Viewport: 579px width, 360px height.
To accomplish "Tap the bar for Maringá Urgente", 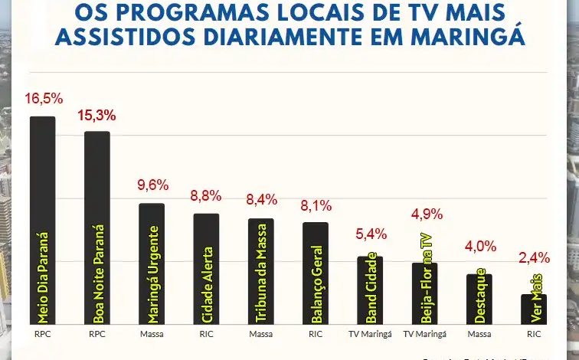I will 152,264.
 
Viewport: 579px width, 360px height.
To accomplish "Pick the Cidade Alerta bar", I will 206,269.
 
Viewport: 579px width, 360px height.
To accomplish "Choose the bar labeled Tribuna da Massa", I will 260,271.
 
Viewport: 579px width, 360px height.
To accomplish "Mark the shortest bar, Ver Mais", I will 534,309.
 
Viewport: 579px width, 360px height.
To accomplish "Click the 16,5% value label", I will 43,100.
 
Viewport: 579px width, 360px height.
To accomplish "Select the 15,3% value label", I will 97,116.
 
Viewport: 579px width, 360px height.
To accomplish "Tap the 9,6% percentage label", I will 152,186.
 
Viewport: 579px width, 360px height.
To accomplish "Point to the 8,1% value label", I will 316,205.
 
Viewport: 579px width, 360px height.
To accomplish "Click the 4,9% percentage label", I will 425,213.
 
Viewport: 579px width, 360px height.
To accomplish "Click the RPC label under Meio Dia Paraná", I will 43,335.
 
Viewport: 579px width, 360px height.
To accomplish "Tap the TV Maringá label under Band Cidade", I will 370,335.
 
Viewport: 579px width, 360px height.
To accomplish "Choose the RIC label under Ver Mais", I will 534,335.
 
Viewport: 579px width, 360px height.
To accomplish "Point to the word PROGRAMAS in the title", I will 191,13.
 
